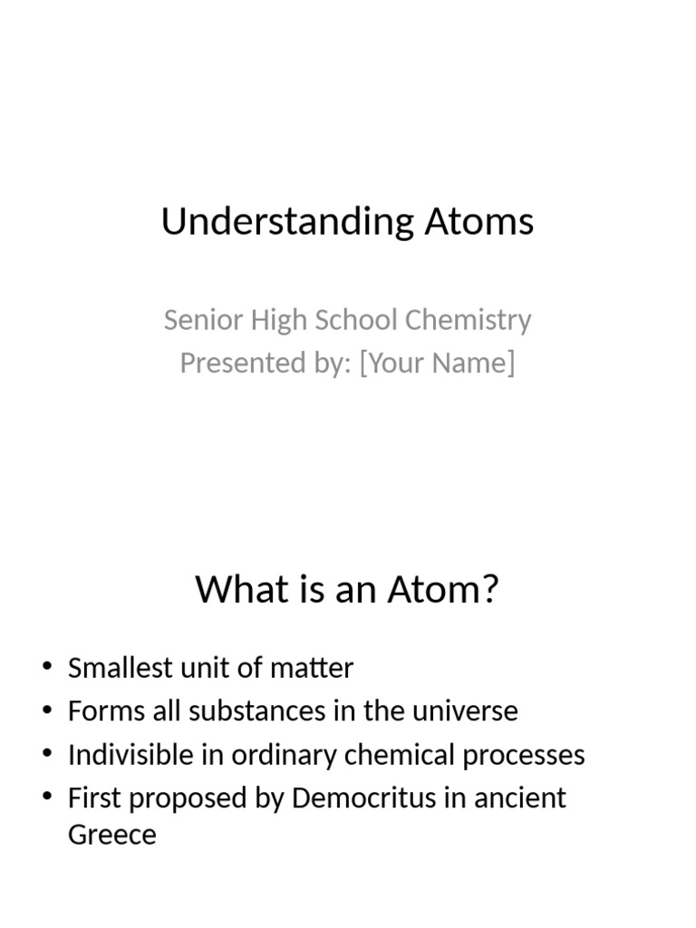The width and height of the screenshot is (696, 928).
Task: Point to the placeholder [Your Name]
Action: point(437,362)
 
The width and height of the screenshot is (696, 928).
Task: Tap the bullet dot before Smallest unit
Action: point(47,669)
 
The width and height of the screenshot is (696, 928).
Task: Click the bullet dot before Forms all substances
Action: point(47,711)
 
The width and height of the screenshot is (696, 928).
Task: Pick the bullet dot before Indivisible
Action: point(47,755)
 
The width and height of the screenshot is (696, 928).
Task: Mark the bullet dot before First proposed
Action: point(47,798)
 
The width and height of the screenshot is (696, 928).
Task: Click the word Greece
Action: point(111,835)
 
